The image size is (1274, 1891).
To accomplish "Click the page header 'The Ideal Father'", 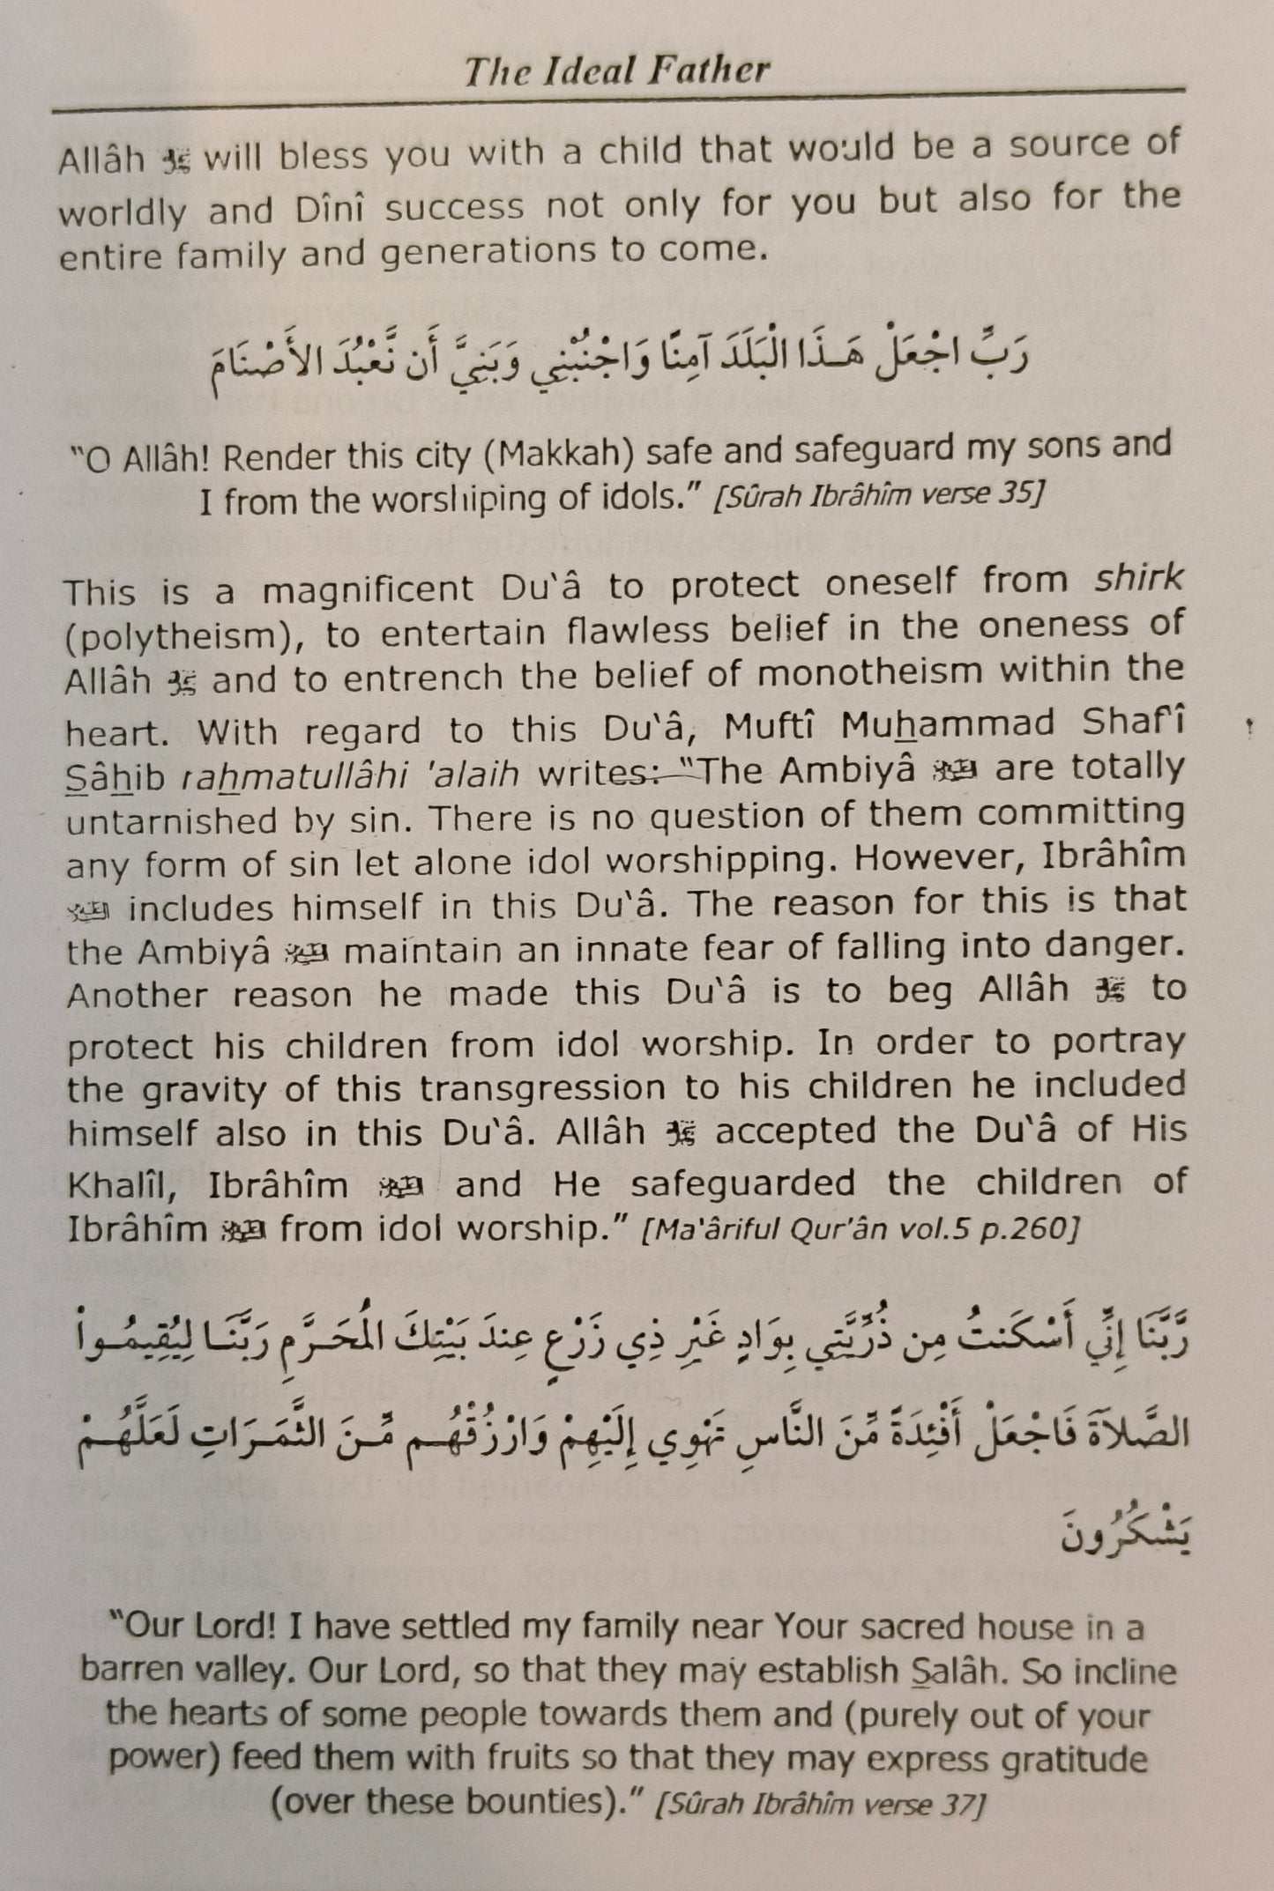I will click(616, 71).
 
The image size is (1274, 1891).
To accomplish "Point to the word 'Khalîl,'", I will click(123, 1184).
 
